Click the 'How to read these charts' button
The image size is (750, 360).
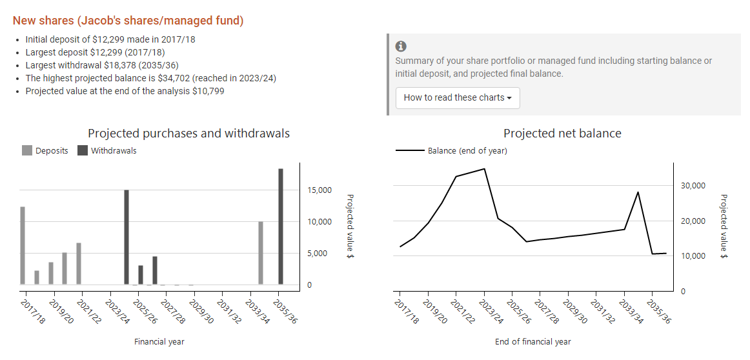pyautogui.click(x=458, y=98)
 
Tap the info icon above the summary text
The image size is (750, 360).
pyautogui.click(x=401, y=46)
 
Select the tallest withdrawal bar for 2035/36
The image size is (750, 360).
pyautogui.click(x=281, y=226)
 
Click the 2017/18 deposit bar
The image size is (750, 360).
pyautogui.click(x=23, y=245)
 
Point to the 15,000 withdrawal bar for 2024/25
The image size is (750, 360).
pyautogui.click(x=127, y=237)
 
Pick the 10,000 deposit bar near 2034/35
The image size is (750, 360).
pyautogui.click(x=261, y=252)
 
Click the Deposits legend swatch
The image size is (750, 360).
pyautogui.click(x=27, y=150)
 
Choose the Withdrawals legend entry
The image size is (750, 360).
pyautogui.click(x=107, y=150)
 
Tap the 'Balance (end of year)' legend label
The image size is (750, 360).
pyautogui.click(x=467, y=151)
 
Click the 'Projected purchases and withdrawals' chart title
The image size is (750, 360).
pyautogui.click(x=188, y=134)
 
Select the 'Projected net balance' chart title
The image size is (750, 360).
pyautogui.click(x=562, y=134)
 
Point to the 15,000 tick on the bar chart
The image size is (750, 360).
pyautogui.click(x=319, y=190)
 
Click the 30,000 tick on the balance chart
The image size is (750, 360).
pyautogui.click(x=693, y=186)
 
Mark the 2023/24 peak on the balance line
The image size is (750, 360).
pyautogui.click(x=484, y=169)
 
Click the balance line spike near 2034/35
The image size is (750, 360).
pyautogui.click(x=638, y=192)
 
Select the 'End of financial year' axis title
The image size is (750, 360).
pyautogui.click(x=532, y=342)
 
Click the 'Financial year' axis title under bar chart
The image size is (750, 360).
pyautogui.click(x=159, y=342)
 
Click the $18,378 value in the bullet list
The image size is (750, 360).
pyautogui.click(x=123, y=65)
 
